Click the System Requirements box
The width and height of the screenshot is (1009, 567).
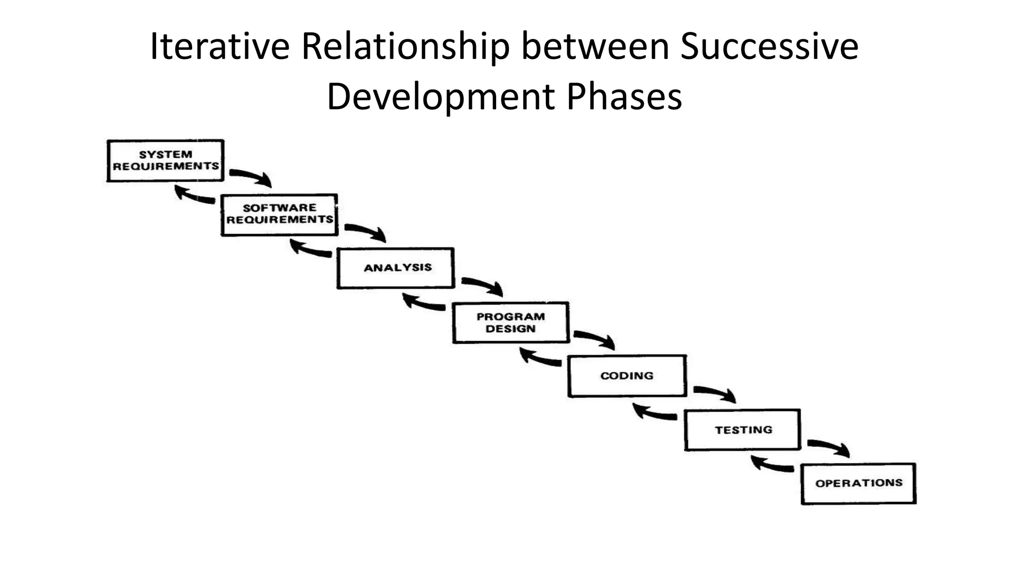coord(166,161)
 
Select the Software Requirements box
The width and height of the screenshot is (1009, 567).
coord(279,215)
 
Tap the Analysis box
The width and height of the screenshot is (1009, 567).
coord(396,268)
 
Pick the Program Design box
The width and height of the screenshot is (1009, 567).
coord(511,322)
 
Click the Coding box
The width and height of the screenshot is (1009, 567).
coord(627,376)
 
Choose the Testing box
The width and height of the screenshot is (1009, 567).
coord(742,430)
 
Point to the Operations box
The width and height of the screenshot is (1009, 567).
coord(858,483)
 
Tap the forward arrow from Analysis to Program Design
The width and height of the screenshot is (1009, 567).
coord(482,285)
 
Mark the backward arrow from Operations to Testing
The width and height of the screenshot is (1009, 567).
coord(772,464)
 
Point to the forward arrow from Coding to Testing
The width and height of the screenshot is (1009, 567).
coord(715,392)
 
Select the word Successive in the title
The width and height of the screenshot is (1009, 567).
coord(769,46)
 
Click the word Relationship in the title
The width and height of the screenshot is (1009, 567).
coord(405,47)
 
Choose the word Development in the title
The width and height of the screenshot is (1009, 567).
coord(440,96)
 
